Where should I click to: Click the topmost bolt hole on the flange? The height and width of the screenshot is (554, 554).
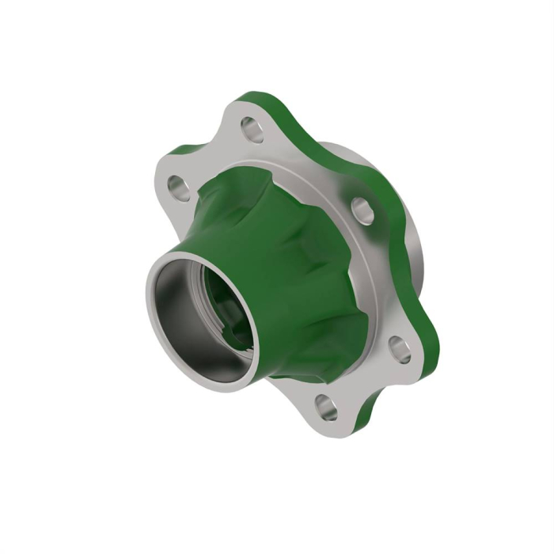click(x=252, y=128)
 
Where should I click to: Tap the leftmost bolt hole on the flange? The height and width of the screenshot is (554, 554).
click(x=176, y=188)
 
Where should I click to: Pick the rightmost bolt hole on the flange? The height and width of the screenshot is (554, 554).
click(x=400, y=349)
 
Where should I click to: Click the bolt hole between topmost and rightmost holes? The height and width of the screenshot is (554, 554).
click(x=362, y=211)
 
